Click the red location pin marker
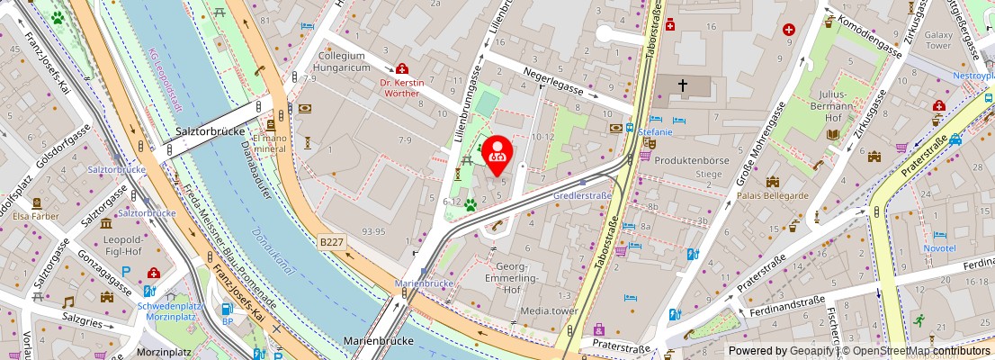497,154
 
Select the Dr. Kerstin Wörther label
401,86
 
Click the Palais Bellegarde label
773,195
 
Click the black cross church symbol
683,85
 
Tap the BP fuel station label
228,321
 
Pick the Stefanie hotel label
656,132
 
